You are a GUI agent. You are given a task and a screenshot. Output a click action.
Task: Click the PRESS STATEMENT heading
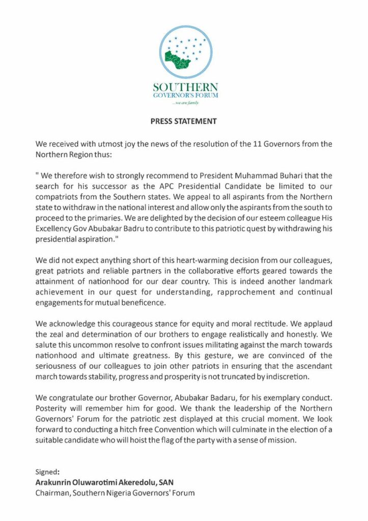pos(184,122)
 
